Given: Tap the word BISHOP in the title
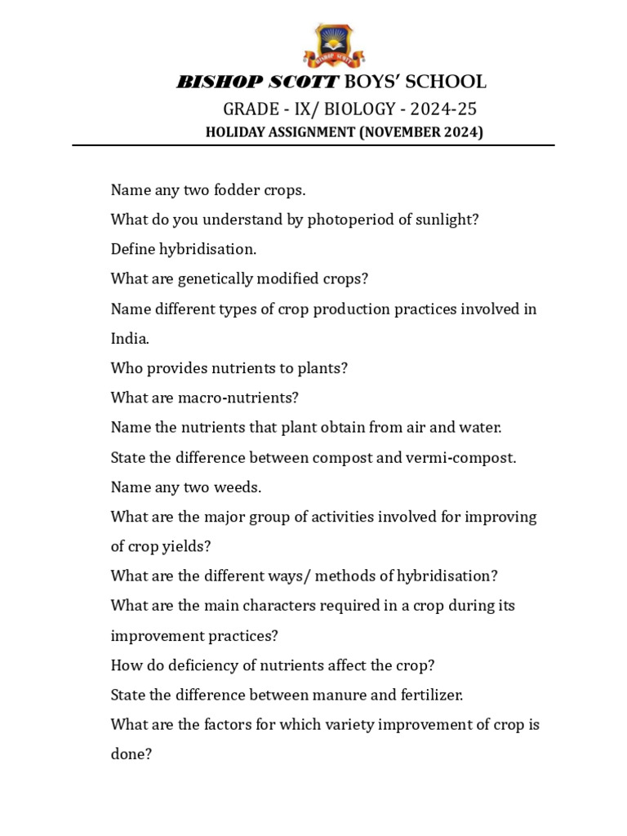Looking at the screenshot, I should point(215,82).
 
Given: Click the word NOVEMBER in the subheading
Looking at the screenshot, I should point(399,132).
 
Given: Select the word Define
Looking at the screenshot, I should point(134,249).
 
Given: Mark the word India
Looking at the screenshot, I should point(129,339).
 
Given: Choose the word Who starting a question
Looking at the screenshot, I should point(127,368).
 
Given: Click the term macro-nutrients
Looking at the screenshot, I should point(250,398).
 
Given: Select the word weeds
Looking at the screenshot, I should point(235,487).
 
